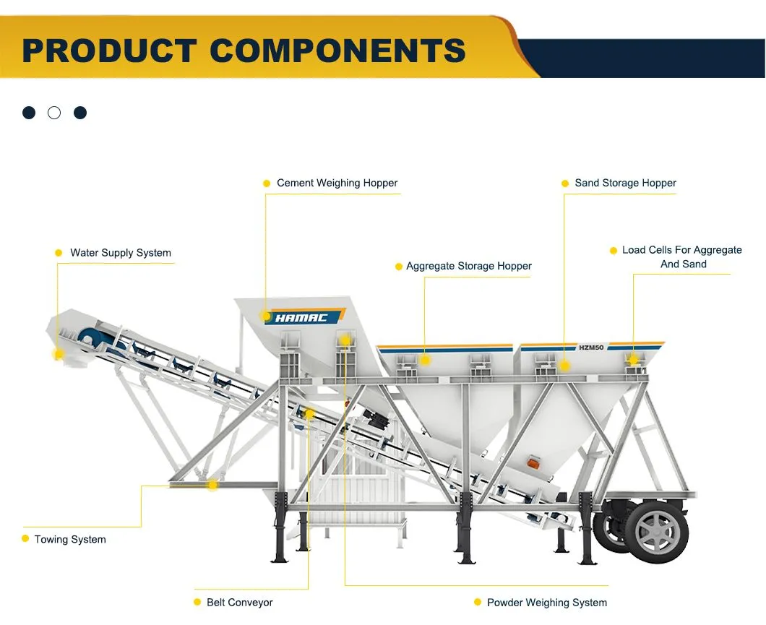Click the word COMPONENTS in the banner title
[337, 50]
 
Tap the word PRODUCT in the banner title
[109, 50]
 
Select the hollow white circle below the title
[54, 113]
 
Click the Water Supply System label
[121, 253]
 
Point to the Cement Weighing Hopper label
[337, 183]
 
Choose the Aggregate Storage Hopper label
[468, 266]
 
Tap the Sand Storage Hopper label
[625, 183]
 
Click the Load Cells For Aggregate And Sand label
[682, 257]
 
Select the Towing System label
[70, 539]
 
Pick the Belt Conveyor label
[240, 602]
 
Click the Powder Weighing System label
[547, 602]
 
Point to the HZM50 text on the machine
[592, 347]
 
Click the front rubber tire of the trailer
[656, 533]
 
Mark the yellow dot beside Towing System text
[25, 539]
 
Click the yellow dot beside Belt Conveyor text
[197, 602]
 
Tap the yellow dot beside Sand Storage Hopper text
[565, 184]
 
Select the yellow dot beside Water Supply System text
[59, 253]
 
